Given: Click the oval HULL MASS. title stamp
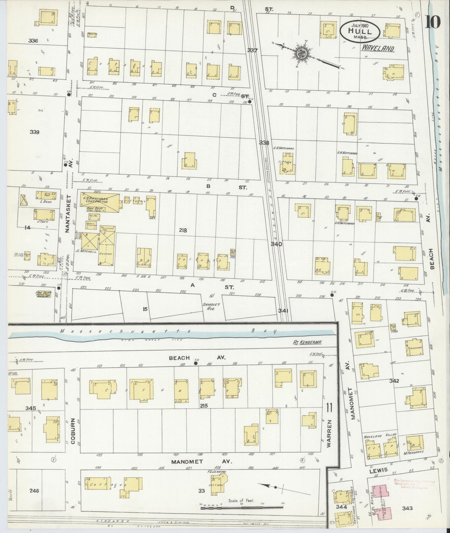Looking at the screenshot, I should (360, 31).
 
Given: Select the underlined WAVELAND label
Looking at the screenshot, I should (378, 49).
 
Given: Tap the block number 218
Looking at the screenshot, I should (183, 230).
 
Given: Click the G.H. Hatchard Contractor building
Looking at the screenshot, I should (98, 200).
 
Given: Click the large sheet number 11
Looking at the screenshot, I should (329, 407).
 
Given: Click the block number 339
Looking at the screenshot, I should (34, 132).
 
